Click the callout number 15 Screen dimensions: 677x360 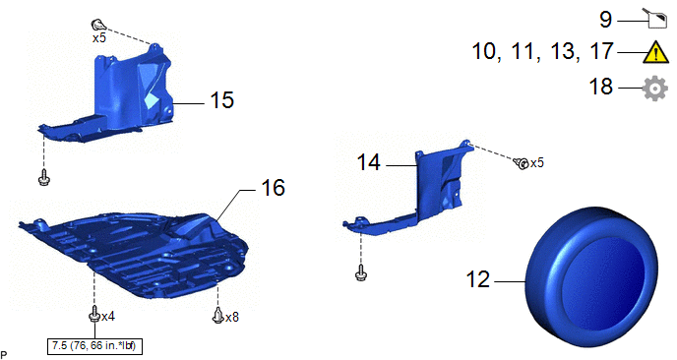pos(222,100)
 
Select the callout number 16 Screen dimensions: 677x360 pos(273,188)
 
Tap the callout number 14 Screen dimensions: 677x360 pos(369,162)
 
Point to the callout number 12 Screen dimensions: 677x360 pos(478,279)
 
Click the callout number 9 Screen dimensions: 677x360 pos(606,20)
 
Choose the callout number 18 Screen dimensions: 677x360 pos(601,87)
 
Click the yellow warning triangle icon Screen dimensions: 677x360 pos(655,53)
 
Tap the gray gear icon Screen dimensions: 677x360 pos(655,89)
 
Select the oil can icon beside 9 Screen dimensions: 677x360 pos(656,19)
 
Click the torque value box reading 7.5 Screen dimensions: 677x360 pos(94,346)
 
